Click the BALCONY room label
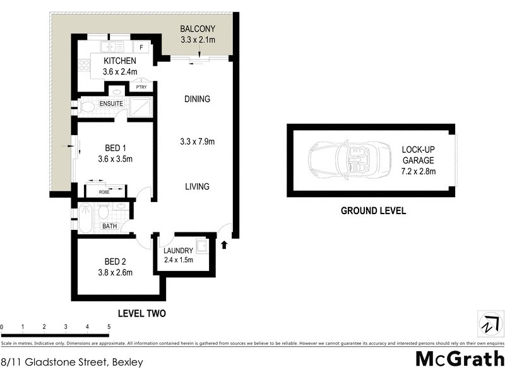(198, 28)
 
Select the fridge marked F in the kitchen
(141, 47)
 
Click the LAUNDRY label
(178, 250)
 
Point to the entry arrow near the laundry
(225, 244)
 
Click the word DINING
(197, 99)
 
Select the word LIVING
(197, 186)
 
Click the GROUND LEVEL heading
(373, 211)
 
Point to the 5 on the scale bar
(109, 327)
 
